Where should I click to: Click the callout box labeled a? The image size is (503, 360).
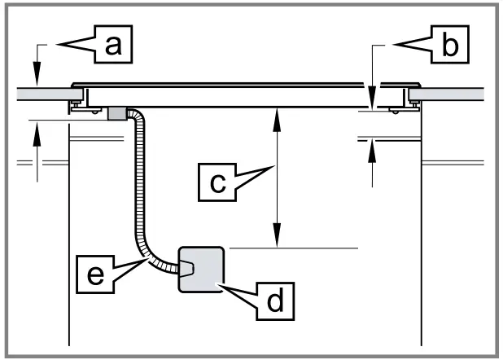click(x=113, y=44)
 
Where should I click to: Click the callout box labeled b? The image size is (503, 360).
click(x=450, y=44)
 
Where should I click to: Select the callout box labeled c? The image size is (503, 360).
click(x=217, y=182)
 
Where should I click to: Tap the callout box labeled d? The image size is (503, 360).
click(x=275, y=301)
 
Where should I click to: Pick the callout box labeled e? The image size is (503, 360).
click(x=95, y=274)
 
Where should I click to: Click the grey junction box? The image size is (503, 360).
click(x=201, y=270)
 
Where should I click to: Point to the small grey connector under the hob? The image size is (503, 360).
click(x=116, y=114)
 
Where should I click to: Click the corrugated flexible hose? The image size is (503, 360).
click(x=139, y=193)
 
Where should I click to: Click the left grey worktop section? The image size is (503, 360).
click(x=50, y=94)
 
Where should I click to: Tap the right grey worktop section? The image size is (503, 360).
click(x=446, y=94)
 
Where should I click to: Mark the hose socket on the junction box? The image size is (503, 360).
click(x=186, y=269)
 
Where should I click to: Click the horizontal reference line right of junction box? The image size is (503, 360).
click(x=294, y=248)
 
